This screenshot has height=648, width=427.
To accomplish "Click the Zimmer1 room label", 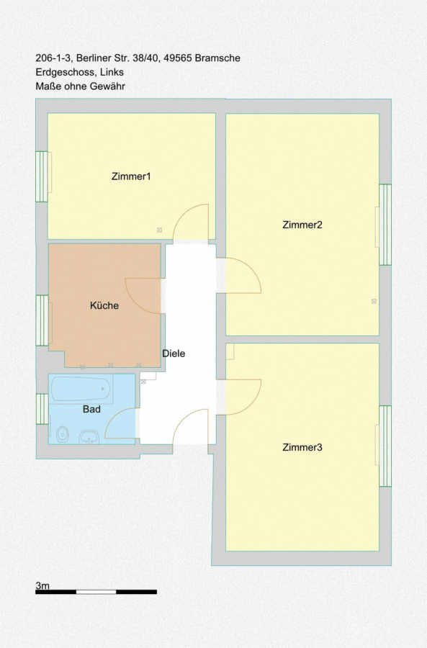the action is click(x=131, y=176).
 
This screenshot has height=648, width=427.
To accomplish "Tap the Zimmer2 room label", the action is click(x=302, y=225).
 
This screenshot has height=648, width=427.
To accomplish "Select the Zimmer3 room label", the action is click(x=302, y=447).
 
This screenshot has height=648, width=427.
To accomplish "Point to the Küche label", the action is click(x=104, y=305).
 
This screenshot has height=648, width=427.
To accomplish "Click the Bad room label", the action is click(x=91, y=409).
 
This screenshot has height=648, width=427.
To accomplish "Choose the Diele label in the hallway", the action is click(x=174, y=354).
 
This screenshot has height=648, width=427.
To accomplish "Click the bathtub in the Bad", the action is click(x=81, y=390).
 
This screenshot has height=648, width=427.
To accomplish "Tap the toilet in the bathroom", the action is click(x=63, y=434).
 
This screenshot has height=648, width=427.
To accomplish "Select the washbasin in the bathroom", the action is click(x=89, y=436).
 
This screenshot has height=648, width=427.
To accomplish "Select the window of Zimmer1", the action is click(x=42, y=176).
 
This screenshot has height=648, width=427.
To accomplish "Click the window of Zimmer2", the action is click(x=385, y=225).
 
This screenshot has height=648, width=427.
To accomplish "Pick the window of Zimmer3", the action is click(x=385, y=446).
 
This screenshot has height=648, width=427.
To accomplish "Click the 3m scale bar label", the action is click(x=42, y=585).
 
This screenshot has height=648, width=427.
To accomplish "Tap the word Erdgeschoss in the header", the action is click(x=65, y=72).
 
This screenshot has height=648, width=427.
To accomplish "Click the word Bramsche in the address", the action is click(x=217, y=58).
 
